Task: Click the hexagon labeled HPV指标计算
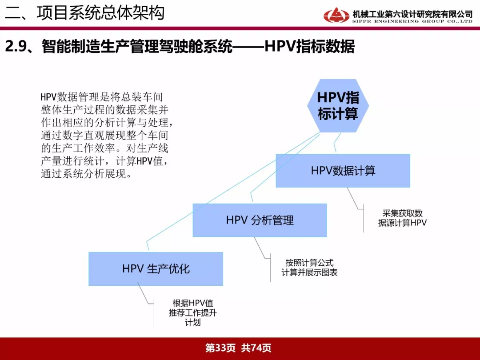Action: [x=338, y=106]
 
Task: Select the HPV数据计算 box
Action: [x=343, y=171]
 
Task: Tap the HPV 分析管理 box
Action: [x=260, y=220]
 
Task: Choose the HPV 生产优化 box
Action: [x=156, y=269]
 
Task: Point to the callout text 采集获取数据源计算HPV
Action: [x=402, y=218]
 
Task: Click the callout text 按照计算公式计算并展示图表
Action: [x=309, y=268]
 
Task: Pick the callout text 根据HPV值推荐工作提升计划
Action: [x=192, y=312]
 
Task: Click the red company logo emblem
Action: [x=336, y=15]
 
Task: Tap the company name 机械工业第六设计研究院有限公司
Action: [x=412, y=14]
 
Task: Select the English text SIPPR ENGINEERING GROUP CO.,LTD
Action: [x=412, y=21]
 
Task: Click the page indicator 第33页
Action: [x=220, y=348]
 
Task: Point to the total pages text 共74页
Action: [x=256, y=348]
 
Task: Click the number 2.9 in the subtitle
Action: [x=16, y=47]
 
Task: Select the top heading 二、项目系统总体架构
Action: [x=85, y=13]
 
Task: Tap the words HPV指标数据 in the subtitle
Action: [x=309, y=47]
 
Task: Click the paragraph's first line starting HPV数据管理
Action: [x=102, y=97]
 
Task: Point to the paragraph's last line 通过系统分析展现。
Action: [x=86, y=174]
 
